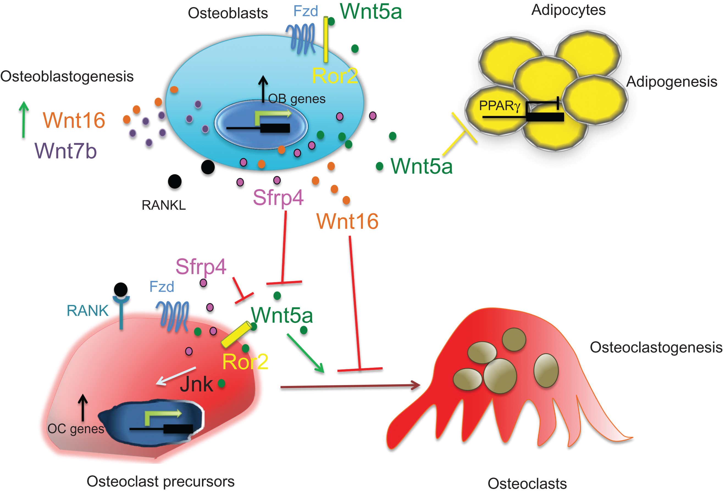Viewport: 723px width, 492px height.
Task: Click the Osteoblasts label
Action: click(x=228, y=13)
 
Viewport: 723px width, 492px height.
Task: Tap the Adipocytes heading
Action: click(x=568, y=10)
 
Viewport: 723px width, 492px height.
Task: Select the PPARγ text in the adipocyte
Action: click(x=499, y=106)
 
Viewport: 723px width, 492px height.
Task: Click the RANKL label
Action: click(x=164, y=205)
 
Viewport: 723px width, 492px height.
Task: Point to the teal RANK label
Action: click(x=87, y=311)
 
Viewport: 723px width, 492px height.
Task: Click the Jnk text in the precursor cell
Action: click(x=196, y=384)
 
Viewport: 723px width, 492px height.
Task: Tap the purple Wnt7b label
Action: click(x=66, y=151)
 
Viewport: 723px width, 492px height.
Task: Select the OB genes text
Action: click(x=297, y=99)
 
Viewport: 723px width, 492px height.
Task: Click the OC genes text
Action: click(x=76, y=429)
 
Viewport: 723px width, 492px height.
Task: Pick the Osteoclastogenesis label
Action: click(x=656, y=347)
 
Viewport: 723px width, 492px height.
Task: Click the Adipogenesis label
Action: click(x=671, y=82)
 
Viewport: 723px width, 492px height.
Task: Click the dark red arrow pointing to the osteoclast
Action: click(x=350, y=386)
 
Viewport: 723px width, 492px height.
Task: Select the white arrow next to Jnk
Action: click(x=176, y=376)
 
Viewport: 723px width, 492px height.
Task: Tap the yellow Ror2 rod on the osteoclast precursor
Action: click(x=236, y=335)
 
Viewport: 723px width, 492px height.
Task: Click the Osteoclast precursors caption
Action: click(x=160, y=482)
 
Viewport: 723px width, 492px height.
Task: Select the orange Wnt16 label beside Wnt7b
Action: click(x=74, y=120)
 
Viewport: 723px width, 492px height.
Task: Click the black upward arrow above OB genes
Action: click(x=263, y=89)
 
